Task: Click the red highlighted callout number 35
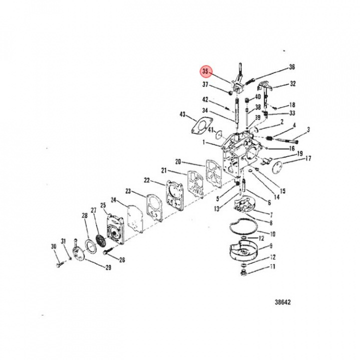[x=205, y=71]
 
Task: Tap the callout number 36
[x=292, y=67]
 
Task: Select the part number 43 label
[x=183, y=114]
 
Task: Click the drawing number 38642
[x=282, y=302]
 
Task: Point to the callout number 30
[x=54, y=246]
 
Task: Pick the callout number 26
[x=121, y=259]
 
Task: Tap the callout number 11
[x=272, y=267]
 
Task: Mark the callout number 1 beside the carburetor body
[x=203, y=142]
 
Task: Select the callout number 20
[x=178, y=161]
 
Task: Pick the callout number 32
[x=292, y=84]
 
